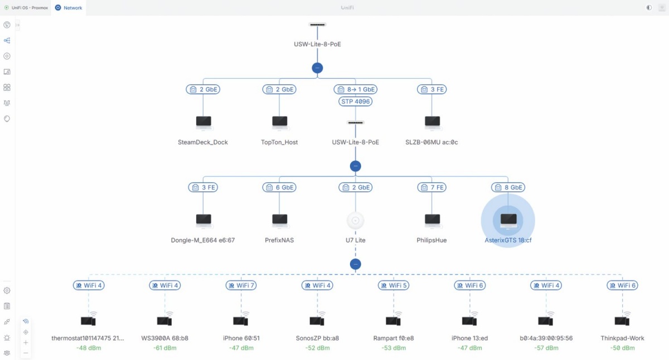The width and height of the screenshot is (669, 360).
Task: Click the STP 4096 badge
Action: point(355,101)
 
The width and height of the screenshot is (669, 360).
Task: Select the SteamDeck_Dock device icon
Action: point(203,123)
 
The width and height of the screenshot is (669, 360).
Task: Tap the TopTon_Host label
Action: point(279,142)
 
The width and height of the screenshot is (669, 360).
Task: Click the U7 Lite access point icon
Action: point(355,221)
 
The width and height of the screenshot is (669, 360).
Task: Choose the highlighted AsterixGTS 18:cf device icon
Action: point(508,221)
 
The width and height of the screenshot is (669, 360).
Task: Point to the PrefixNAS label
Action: point(279,240)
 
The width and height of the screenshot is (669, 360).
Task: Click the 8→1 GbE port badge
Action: point(356,89)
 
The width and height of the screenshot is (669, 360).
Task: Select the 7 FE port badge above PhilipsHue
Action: point(432,187)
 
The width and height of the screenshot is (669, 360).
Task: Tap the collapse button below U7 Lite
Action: point(355,264)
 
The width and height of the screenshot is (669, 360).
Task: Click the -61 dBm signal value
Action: point(165,348)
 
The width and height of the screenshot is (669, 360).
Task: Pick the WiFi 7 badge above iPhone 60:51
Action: point(241,285)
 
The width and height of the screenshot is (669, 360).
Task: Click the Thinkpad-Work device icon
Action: point(622,320)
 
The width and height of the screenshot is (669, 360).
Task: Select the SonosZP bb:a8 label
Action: point(317,338)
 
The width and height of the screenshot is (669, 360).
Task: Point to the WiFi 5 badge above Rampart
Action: point(394,285)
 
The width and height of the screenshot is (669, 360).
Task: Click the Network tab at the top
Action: point(69,8)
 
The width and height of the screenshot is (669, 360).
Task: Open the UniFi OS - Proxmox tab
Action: point(26,8)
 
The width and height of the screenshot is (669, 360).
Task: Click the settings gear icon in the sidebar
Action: point(7,290)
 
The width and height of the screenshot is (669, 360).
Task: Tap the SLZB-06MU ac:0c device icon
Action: point(432,123)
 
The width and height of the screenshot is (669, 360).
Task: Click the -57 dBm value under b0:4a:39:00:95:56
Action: point(546,348)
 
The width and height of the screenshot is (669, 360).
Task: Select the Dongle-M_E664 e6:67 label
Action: point(203,240)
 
